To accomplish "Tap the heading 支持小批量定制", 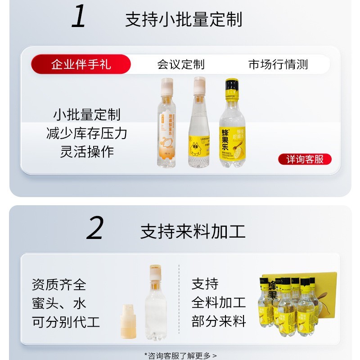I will pos(183,20).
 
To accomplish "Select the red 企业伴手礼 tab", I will pos(81,64).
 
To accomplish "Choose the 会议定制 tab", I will pos(180,64).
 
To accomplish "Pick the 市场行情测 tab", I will pos(278,64).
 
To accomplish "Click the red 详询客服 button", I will pos(305,159).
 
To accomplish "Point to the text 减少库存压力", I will pos(86,133).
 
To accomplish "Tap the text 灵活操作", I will pos(86,152).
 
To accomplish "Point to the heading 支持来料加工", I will pos(193,231).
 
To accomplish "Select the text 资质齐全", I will pos(58,284).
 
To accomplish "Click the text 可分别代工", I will pos(66,322).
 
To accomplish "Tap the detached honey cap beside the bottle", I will pos(129,321).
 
